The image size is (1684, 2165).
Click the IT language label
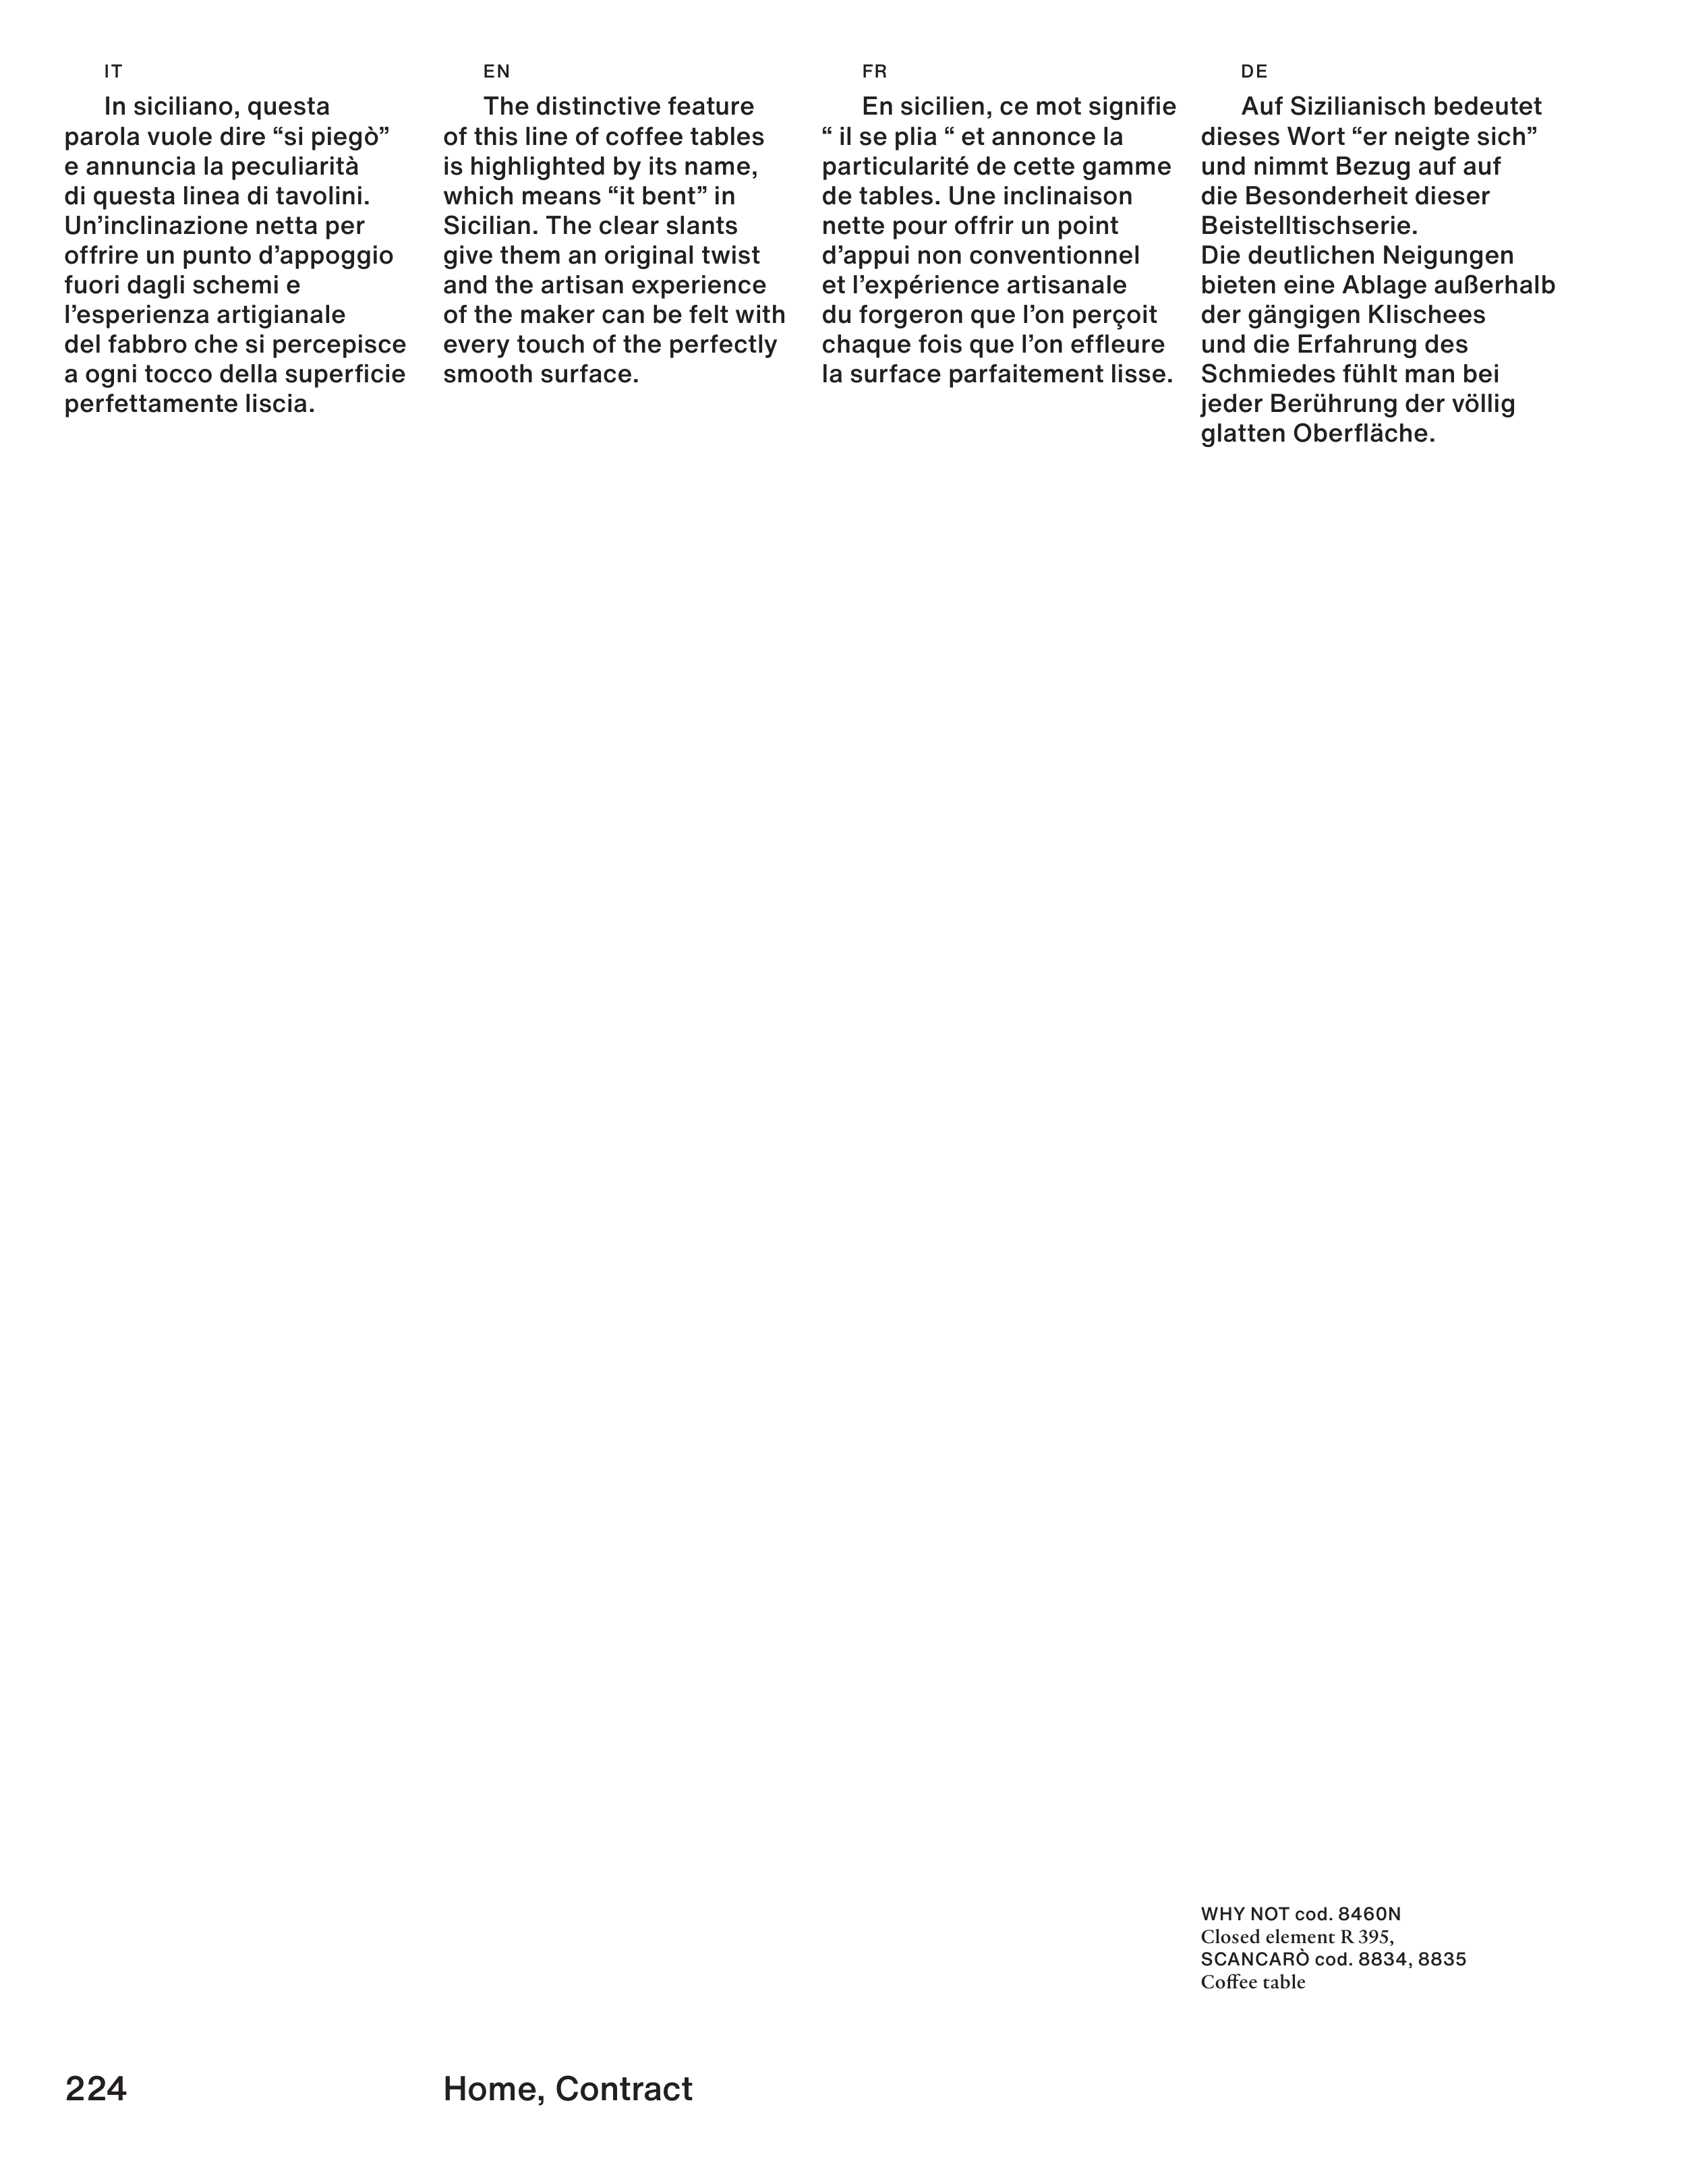113,71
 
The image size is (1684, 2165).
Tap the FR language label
875,71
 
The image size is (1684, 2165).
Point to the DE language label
1254,71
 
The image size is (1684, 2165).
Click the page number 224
96,2089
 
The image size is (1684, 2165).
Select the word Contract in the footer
624,2089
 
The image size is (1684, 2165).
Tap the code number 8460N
1370,1914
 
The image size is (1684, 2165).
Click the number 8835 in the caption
1442,1960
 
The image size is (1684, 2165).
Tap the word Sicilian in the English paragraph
488,226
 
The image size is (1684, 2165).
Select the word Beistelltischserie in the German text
1308,226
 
